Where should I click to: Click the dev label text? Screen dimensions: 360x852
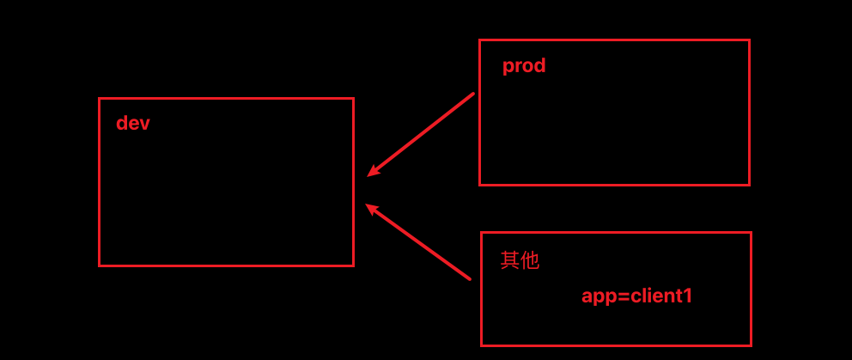pos(133,123)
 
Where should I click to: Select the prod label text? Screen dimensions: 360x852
pos(524,65)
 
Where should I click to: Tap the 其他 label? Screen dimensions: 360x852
pos(520,259)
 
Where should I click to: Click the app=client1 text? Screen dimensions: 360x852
pos(636,296)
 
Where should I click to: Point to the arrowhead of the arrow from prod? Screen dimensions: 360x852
pos(369,175)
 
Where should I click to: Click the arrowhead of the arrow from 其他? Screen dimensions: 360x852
pos(368,205)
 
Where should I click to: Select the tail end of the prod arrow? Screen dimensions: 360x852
pos(473,94)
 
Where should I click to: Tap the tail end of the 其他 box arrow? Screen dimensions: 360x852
pos(470,278)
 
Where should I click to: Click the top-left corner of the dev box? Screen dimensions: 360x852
pos(100,99)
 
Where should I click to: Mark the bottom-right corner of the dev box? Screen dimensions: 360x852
pos(353,265)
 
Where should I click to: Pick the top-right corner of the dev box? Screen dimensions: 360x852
pos(353,99)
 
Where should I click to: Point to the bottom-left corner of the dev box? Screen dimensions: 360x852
pos(100,265)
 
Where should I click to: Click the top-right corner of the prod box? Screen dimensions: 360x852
pos(749,40)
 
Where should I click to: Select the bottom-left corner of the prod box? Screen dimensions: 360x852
pos(480,184)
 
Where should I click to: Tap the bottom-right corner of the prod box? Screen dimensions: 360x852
pos(749,184)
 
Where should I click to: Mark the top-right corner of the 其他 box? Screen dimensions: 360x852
pos(751,233)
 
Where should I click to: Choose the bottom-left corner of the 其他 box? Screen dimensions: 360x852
pos(482,345)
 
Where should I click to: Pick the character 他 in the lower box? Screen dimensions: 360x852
pos(530,259)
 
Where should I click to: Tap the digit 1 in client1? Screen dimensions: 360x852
pos(687,296)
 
